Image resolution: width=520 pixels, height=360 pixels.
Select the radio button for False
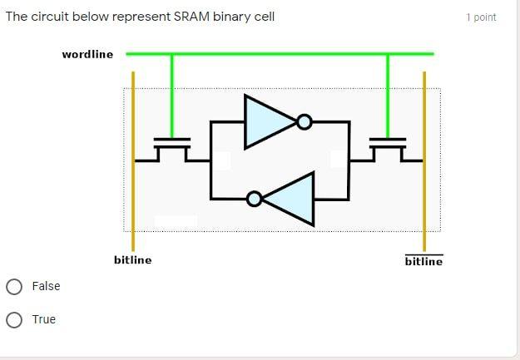(x=14, y=287)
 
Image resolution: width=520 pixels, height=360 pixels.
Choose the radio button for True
(x=14, y=320)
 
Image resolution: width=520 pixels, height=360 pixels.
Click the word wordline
(x=87, y=55)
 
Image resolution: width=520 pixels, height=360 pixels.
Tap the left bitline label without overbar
(x=133, y=260)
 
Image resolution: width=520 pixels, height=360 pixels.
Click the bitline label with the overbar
(x=423, y=262)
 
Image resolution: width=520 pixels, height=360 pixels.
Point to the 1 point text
(x=481, y=17)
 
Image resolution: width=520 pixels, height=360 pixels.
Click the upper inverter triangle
(x=266, y=122)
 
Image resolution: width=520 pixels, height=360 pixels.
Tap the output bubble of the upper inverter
(x=305, y=123)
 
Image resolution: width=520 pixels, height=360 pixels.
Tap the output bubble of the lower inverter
(x=255, y=199)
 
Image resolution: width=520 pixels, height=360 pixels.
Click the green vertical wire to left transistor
(x=172, y=91)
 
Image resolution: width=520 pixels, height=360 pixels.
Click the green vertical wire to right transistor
(x=388, y=91)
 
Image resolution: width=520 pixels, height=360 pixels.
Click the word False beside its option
(x=46, y=286)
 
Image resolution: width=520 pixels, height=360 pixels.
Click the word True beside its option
(x=44, y=319)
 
